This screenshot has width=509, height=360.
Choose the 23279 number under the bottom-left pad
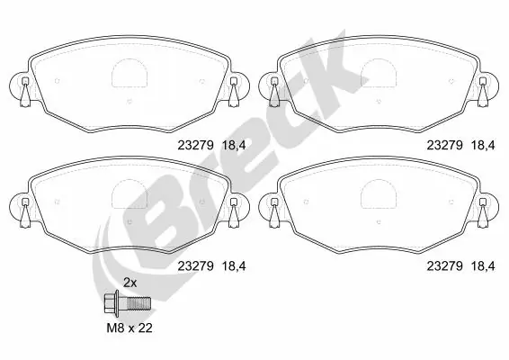coord(193,265)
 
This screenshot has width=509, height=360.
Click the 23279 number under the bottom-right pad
coord(443,265)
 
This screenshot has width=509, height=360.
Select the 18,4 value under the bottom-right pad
coord(485,265)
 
